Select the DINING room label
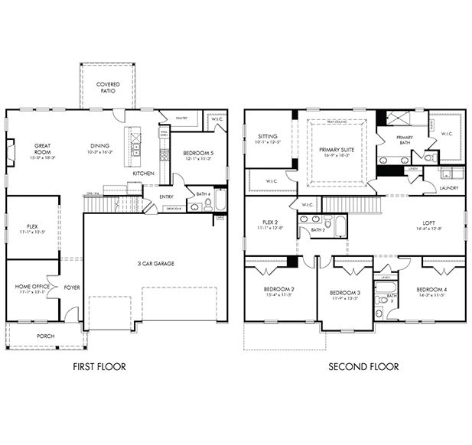[99, 146]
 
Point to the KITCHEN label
[143, 174]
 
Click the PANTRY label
[181, 119]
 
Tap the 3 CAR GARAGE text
[156, 264]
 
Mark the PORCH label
[46, 336]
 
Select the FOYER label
[72, 287]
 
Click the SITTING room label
[267, 137]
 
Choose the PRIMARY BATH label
[404, 141]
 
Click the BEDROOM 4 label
[431, 290]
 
